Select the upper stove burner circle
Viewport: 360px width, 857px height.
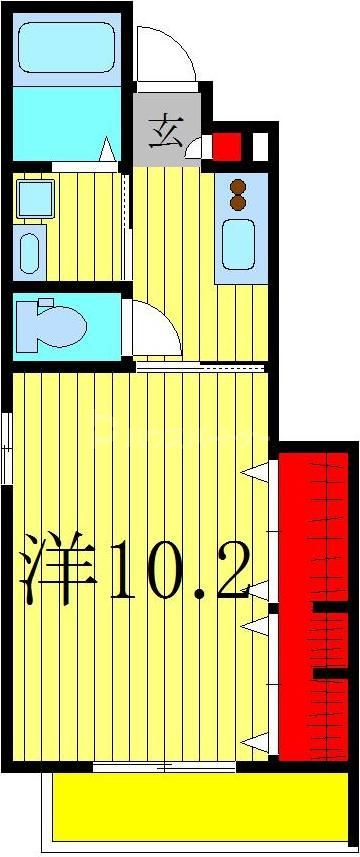tap(239, 184)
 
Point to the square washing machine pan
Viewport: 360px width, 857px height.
tap(35, 198)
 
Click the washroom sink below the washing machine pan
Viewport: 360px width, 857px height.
tap(31, 250)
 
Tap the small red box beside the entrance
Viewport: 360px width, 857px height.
tap(228, 146)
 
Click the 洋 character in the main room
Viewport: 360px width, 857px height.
tap(58, 571)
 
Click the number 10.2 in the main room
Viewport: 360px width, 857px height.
tap(178, 571)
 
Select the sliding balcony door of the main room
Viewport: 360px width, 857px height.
tap(164, 767)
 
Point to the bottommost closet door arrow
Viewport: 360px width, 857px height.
tap(257, 742)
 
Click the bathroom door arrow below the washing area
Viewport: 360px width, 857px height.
tap(106, 150)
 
